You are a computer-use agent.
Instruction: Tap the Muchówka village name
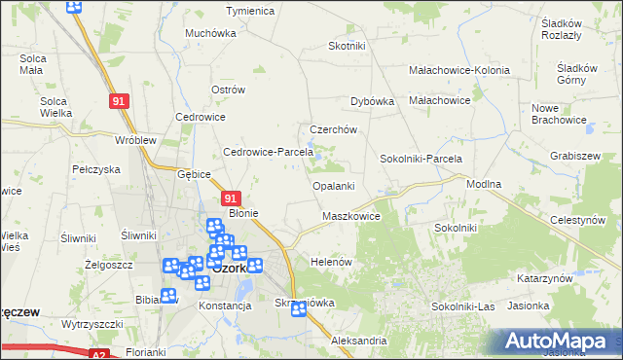pyautogui.click(x=211, y=32)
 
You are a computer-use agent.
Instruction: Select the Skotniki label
pyautogui.click(x=347, y=46)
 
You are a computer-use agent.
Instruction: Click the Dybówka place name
pyautogui.click(x=372, y=100)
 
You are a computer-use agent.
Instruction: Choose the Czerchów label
pyautogui.click(x=334, y=129)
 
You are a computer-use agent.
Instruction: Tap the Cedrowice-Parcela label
pyautogui.click(x=268, y=152)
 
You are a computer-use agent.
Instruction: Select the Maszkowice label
pyautogui.click(x=350, y=216)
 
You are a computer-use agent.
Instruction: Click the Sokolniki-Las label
pyautogui.click(x=463, y=306)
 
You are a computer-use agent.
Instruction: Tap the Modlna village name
pyautogui.click(x=484, y=184)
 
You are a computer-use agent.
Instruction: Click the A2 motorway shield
pyautogui.click(x=98, y=356)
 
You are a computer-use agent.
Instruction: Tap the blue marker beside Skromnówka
pyautogui.click(x=298, y=310)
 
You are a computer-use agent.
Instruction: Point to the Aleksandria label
pyautogui.click(x=359, y=342)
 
